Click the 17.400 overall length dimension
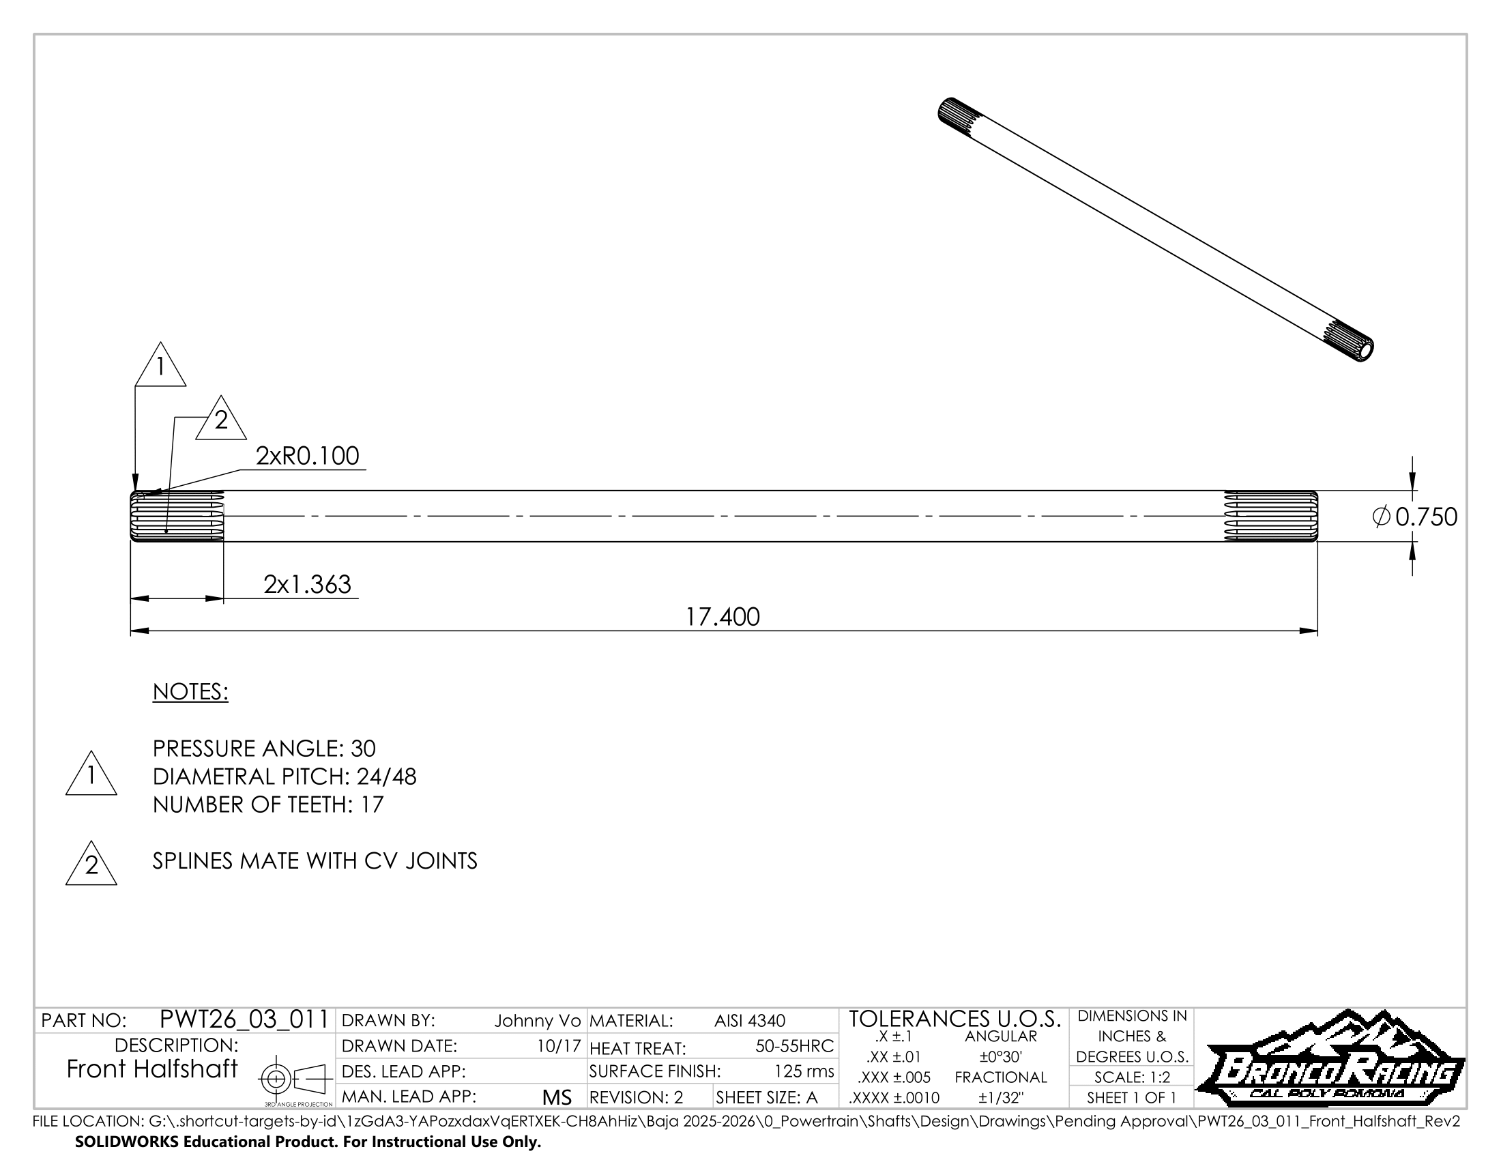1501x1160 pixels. pyautogui.click(x=723, y=617)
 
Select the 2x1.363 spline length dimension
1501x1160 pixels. pyautogui.click(x=307, y=585)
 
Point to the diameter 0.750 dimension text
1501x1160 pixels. pyautogui.click(x=1414, y=517)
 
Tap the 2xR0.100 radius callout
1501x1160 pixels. pyautogui.click(x=307, y=456)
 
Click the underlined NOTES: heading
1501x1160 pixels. pyautogui.click(x=190, y=692)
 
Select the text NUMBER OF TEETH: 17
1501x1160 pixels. pyautogui.click(x=268, y=804)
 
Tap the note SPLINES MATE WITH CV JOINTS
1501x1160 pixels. pyautogui.click(x=315, y=861)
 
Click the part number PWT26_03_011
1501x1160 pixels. pyautogui.click(x=244, y=1019)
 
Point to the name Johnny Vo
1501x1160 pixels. pyautogui.click(x=538, y=1021)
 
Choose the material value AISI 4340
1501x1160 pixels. pyautogui.click(x=749, y=1021)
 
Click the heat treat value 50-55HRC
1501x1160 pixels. pyautogui.click(x=793, y=1047)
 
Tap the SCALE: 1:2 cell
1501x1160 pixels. pyautogui.click(x=1132, y=1077)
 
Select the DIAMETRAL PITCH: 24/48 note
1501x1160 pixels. pyautogui.click(x=285, y=777)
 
